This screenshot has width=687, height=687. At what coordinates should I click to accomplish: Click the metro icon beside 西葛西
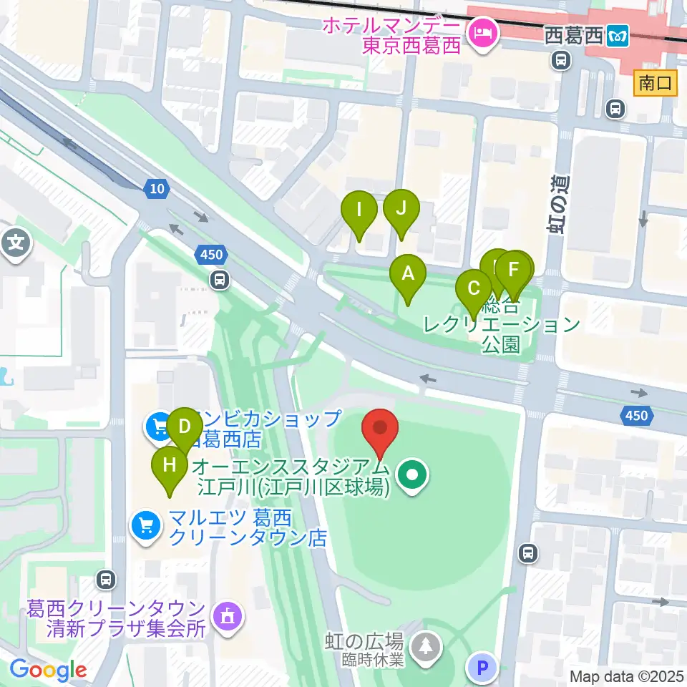tap(616, 34)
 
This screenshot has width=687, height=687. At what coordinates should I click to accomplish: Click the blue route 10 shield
tap(157, 189)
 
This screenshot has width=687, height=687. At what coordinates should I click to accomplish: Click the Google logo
tap(48, 671)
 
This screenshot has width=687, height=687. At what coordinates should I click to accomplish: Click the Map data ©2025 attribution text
tap(626, 676)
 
